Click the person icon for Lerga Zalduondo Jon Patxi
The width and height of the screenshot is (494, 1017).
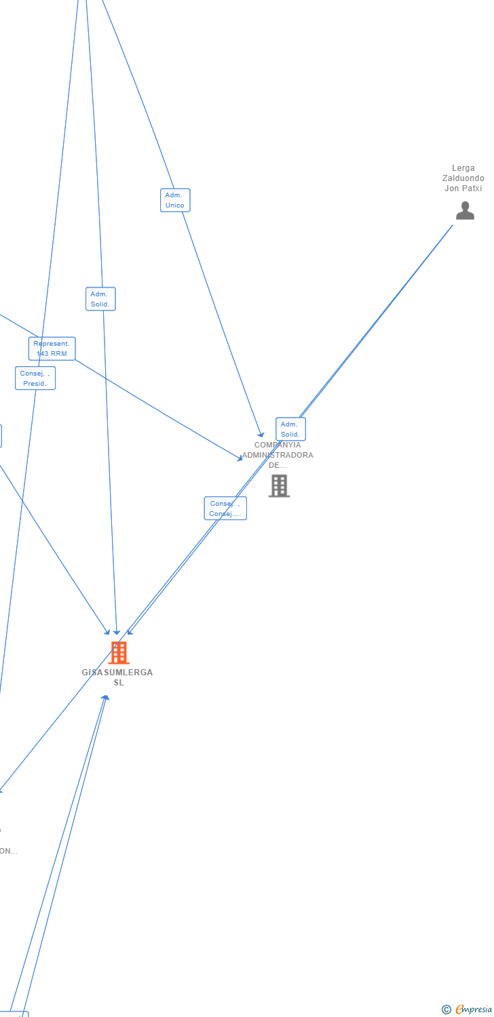point(465,211)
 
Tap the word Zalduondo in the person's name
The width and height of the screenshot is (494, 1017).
point(463,178)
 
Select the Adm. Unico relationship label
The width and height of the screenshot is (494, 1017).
point(175,200)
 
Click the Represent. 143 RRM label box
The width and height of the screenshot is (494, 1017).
point(52,348)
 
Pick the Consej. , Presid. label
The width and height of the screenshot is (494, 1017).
point(35,378)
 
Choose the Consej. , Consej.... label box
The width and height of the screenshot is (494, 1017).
point(225,509)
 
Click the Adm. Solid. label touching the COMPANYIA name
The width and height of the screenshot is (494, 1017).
point(290,429)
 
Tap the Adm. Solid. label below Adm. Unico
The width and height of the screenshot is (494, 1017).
point(100,299)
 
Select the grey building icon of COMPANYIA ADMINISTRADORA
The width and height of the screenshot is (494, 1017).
point(279,485)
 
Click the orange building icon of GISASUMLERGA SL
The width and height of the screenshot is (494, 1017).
point(119,652)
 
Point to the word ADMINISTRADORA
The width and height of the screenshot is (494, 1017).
point(278,456)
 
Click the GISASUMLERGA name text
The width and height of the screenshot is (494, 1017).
point(117,673)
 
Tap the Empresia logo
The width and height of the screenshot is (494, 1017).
point(474,1010)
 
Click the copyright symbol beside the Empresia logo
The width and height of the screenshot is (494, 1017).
point(446,1010)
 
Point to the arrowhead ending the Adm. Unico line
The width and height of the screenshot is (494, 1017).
point(261,435)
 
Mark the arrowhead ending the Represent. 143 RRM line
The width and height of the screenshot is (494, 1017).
point(240,459)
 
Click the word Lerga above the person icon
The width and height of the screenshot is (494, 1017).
point(463,168)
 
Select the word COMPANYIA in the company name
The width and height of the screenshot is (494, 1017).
point(278,445)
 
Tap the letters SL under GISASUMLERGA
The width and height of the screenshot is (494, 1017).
point(119,683)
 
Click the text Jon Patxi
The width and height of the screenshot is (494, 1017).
point(463,188)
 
